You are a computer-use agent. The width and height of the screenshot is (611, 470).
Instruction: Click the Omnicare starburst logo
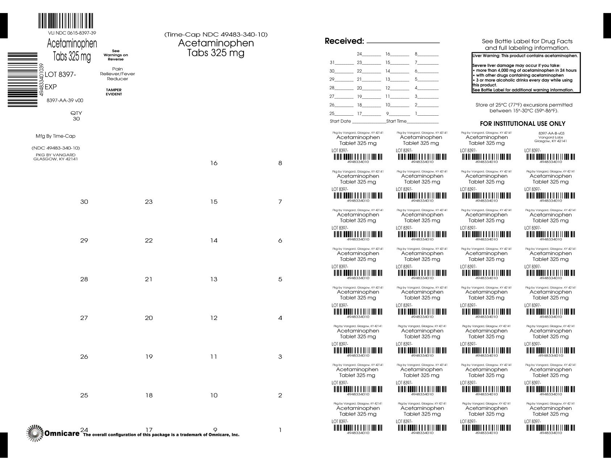coord(35,433)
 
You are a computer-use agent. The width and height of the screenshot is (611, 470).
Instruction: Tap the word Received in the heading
coord(344,41)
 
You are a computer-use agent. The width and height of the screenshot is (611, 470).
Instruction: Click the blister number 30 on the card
coord(84,202)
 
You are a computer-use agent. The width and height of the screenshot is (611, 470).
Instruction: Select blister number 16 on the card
coord(214,163)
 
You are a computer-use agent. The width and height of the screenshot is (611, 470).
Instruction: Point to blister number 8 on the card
coord(280,163)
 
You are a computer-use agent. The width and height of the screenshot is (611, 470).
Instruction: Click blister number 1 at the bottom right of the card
coord(280,430)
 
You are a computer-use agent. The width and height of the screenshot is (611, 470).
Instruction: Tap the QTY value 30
coord(76,119)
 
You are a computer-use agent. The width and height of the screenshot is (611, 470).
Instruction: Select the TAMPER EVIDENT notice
coord(114,92)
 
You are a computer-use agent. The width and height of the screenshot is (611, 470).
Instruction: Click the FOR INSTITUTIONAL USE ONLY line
coord(522,124)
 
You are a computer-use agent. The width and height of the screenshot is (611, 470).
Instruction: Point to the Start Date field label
coord(340,121)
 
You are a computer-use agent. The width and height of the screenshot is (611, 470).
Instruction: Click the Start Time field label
coord(396,121)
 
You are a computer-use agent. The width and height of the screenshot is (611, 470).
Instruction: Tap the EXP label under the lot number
coord(51,87)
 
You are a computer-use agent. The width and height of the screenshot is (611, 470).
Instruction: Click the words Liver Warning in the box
coord(486,56)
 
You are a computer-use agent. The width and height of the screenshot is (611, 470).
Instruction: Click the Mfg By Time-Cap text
coord(55,136)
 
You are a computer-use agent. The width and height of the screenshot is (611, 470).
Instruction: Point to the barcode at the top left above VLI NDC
coord(66,21)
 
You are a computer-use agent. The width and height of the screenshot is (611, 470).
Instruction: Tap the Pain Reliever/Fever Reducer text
coord(117,74)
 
